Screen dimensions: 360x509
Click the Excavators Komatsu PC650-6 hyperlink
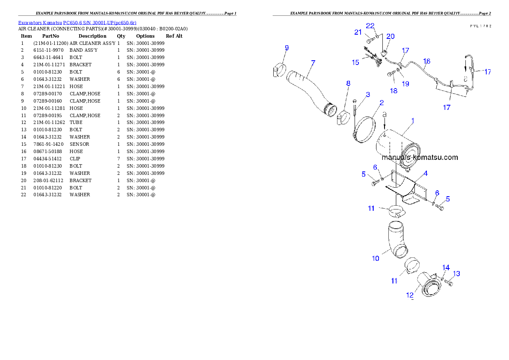[x=77, y=23]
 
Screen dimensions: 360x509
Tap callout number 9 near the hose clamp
[x=287, y=48]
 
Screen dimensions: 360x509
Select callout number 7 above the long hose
[x=313, y=63]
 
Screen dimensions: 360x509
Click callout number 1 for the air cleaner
[x=413, y=121]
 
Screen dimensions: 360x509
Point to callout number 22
[x=370, y=26]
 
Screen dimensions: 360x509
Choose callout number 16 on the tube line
[x=426, y=62]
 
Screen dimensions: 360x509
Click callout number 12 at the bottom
[x=410, y=295]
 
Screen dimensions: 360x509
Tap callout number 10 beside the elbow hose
[x=375, y=258]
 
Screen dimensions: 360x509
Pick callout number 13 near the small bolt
[x=456, y=274]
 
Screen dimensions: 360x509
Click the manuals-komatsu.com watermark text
[x=420, y=157]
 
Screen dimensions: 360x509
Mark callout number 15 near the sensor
[x=355, y=62]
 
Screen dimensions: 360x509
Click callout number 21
[x=358, y=32]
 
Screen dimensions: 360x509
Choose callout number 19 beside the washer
[x=405, y=84]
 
